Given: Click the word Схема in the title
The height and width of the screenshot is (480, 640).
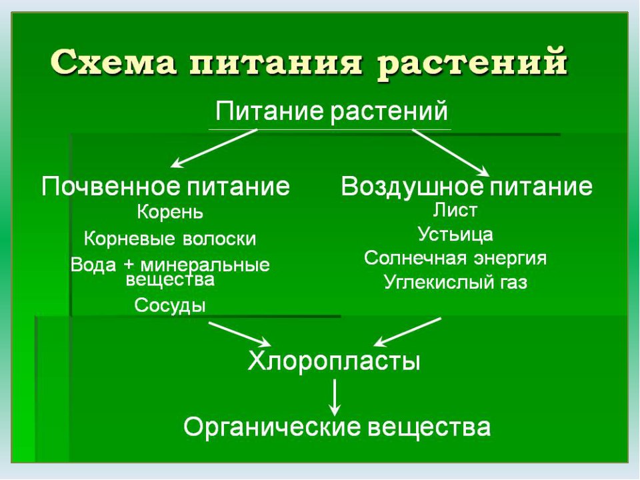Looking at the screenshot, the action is coord(114,62).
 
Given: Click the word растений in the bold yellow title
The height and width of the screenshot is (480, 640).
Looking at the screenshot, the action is coord(472,64).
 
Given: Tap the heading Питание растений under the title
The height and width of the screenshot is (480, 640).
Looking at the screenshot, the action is coord(331,111).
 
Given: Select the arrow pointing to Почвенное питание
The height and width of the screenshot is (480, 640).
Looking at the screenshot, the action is coord(214,148).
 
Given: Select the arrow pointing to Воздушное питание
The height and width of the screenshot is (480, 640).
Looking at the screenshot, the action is coord(451,152).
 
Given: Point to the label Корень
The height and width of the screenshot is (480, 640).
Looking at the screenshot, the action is coord(170,212).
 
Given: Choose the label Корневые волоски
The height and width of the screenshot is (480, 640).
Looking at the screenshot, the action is coord(170,239).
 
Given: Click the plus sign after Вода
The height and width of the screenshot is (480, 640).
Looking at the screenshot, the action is coord(129,265).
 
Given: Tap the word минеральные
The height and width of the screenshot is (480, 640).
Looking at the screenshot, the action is coord(205,265).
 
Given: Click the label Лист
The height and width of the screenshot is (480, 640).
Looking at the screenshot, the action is coord(455,210).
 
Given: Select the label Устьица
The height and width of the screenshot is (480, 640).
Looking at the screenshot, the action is coord(455,234).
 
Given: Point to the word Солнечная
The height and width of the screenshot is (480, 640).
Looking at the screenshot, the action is coord(414,259).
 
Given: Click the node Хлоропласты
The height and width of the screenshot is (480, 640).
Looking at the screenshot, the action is coord(334,361).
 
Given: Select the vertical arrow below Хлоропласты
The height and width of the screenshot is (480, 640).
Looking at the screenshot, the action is coord(335,397).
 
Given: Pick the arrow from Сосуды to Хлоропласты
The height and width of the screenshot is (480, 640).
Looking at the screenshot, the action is coord(240,334).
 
